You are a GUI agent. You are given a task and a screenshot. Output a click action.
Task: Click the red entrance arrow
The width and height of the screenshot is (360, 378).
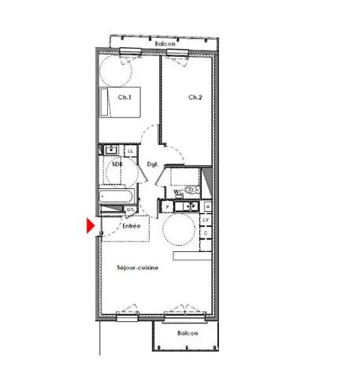pyautogui.click(x=91, y=226)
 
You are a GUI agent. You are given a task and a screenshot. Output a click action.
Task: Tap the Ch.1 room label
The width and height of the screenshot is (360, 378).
pyautogui.click(x=124, y=97)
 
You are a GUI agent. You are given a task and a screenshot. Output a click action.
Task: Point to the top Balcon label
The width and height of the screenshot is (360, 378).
pyautogui.click(x=164, y=44)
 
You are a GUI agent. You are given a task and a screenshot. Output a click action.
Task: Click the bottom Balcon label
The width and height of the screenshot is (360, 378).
pyautogui.click(x=187, y=333)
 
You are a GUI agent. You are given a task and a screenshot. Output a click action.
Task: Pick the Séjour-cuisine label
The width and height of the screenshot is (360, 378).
pyautogui.click(x=139, y=268)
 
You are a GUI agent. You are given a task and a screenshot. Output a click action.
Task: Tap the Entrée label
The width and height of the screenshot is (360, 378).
pyautogui.click(x=131, y=226)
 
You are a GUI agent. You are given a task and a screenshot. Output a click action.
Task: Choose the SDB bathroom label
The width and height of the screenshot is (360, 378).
pyautogui.click(x=117, y=164)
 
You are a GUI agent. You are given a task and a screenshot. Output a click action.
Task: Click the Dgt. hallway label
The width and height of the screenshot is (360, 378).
pyautogui.click(x=153, y=164)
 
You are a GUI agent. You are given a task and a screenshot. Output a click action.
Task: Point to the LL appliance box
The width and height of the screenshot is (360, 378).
pyautogui.click(x=130, y=150)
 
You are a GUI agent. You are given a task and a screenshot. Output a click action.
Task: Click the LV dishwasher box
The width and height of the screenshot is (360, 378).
pyautogui.click(x=206, y=220)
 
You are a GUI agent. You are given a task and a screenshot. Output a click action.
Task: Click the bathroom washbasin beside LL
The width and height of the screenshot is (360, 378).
pyautogui.click(x=111, y=150)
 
